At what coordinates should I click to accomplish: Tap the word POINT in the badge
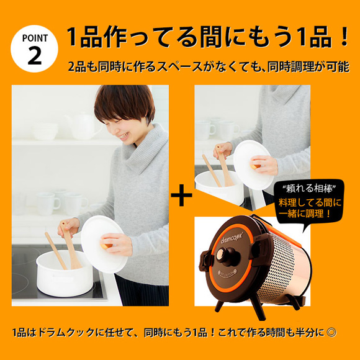click(35, 37)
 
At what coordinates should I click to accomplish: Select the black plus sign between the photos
click(181, 197)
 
